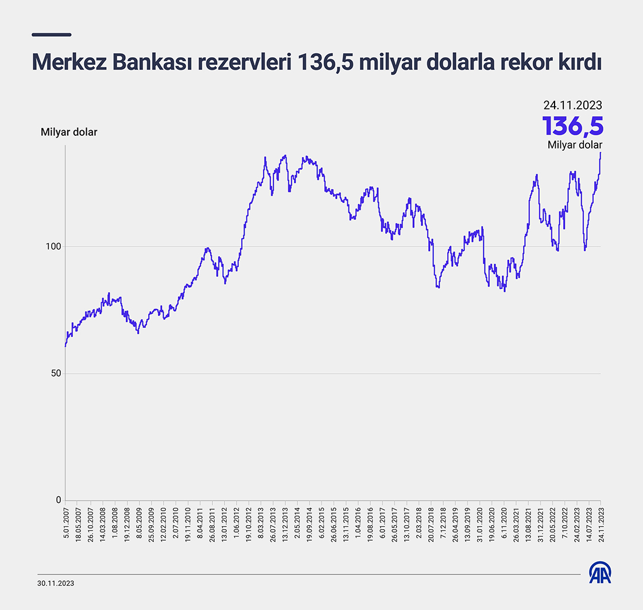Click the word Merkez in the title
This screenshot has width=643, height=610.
tap(68, 62)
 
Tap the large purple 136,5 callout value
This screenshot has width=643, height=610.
tap(573, 125)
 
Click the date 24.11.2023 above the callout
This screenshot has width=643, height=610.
tap(573, 105)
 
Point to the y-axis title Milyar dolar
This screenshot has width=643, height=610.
tap(69, 132)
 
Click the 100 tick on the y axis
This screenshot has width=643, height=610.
tap(53, 247)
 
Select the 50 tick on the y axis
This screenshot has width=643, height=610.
tap(56, 373)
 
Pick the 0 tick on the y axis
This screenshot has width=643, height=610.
tap(58, 500)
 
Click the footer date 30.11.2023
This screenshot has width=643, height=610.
tap(56, 583)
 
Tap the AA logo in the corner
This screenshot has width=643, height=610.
tap(600, 572)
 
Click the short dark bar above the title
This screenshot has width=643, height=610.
tap(52, 34)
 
